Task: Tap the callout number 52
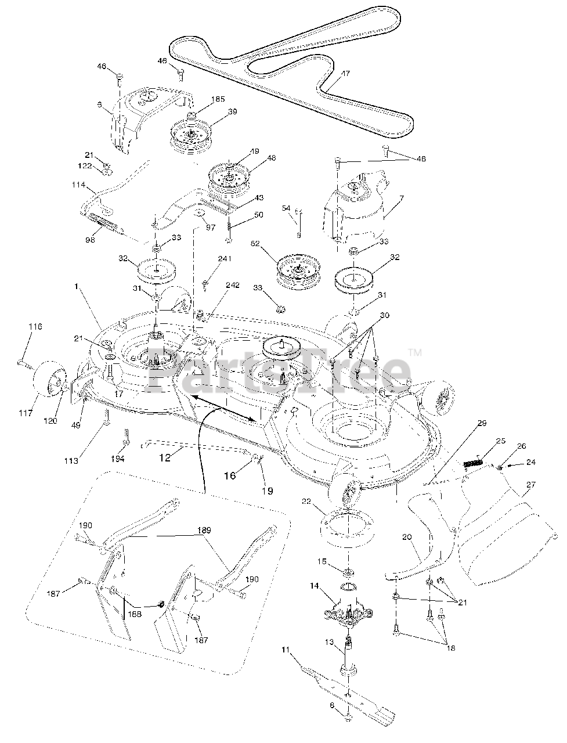tap(255, 244)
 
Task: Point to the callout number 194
tap(118, 459)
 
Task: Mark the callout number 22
tap(307, 500)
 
